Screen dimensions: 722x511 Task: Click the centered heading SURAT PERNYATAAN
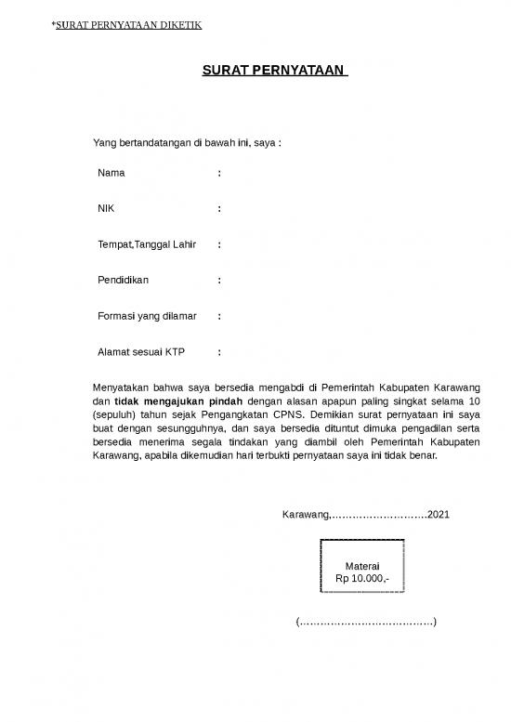coord(274,70)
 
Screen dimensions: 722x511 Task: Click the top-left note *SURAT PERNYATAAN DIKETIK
coord(125,25)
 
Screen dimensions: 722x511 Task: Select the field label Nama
coord(111,173)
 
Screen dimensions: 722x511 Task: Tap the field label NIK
coord(107,208)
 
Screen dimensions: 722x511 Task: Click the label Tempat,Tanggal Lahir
coord(147,244)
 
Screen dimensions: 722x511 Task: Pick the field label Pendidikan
coord(123,280)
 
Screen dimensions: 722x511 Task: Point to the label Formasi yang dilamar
coord(147,316)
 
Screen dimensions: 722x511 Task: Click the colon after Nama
coord(219,173)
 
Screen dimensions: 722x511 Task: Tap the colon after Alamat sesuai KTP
coord(219,352)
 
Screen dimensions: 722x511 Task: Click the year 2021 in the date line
coord(438,514)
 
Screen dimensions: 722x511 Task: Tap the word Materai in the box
coord(361,566)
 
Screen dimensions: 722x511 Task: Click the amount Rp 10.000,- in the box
coord(361,579)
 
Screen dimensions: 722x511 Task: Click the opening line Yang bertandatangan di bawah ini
coord(186,143)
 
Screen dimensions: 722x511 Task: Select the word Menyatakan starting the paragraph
coord(123,387)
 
